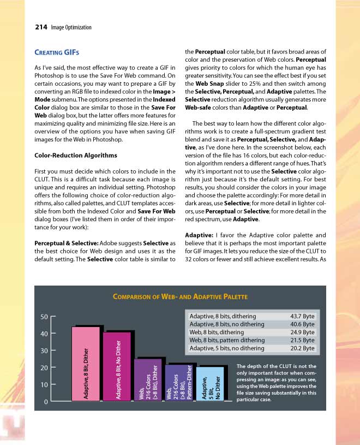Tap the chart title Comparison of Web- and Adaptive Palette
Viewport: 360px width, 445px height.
click(180, 296)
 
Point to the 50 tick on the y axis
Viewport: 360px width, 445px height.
click(45, 316)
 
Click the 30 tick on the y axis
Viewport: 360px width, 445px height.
click(45, 351)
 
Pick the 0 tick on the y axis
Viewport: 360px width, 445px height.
click(47, 402)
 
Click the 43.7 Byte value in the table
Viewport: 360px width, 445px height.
click(302, 316)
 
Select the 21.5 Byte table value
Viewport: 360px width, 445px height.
click(302, 340)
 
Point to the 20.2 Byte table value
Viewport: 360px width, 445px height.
click(302, 348)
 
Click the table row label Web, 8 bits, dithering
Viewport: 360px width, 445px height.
click(217, 332)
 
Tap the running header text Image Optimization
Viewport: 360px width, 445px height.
click(71, 27)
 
